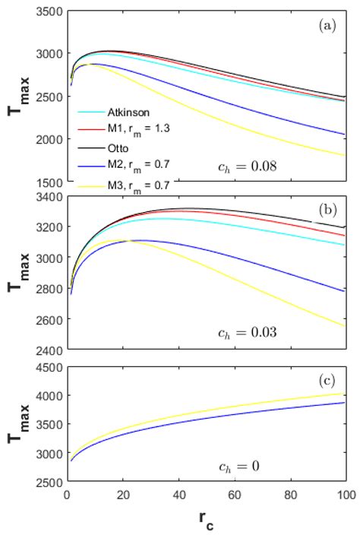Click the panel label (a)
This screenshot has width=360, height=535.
coord(327,24)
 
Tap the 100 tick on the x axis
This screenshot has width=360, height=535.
coord(346,495)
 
